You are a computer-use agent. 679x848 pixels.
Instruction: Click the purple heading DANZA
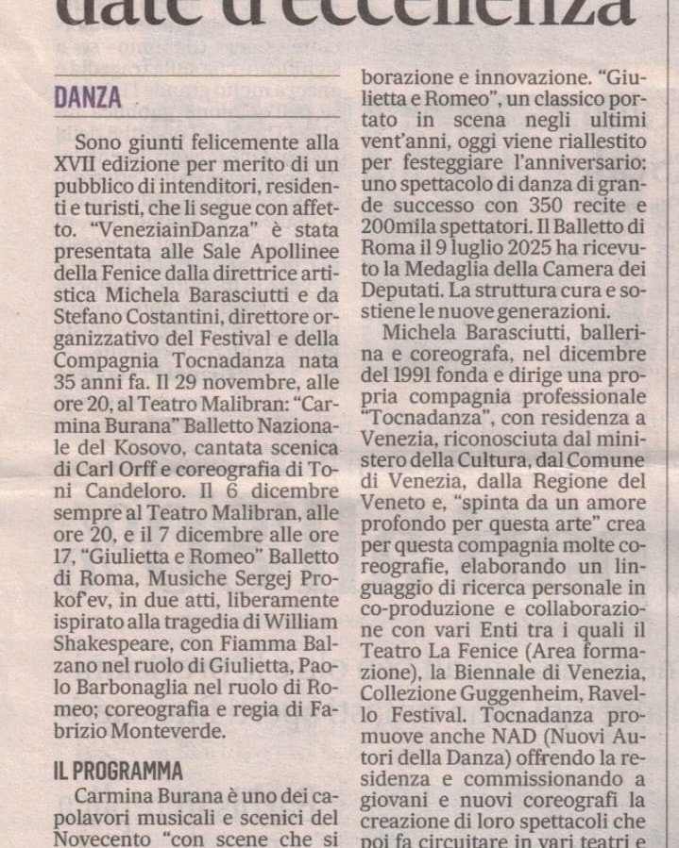tap(88, 97)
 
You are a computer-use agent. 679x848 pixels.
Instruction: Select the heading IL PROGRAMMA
tap(118, 772)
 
